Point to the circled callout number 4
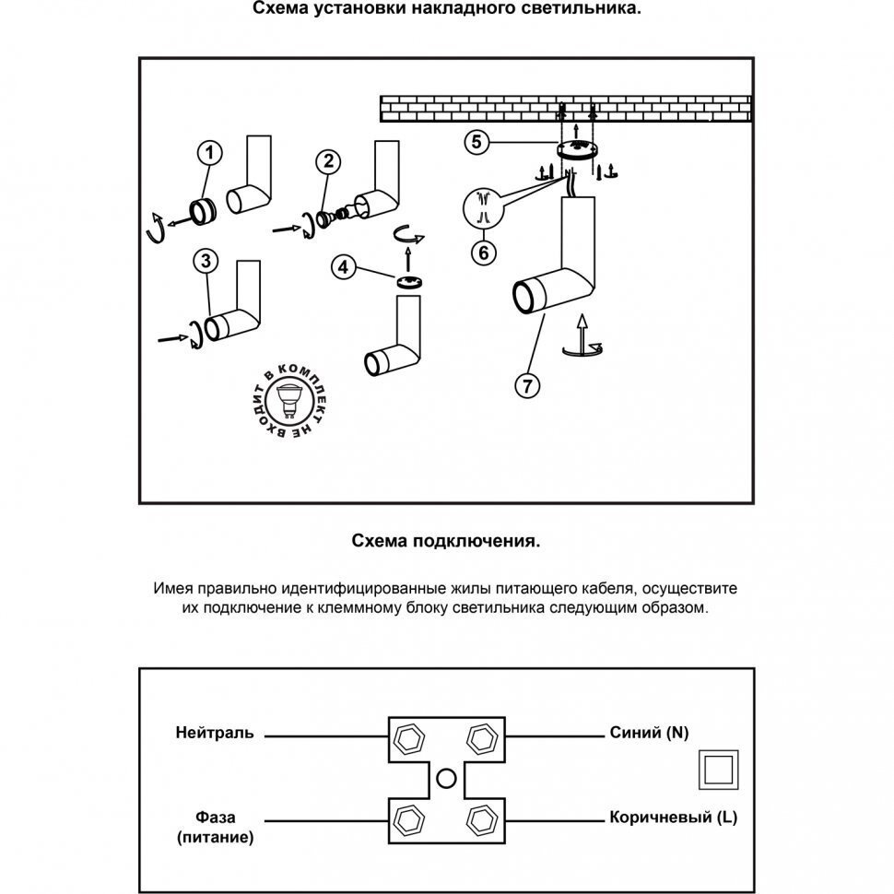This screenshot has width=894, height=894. pos(344,268)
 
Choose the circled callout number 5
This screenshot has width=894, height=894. pos(476,142)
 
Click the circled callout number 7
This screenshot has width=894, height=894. pos(526,386)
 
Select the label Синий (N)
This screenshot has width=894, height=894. pos(649,734)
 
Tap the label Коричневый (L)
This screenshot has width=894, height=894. pos(672,818)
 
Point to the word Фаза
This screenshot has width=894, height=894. pos(215,818)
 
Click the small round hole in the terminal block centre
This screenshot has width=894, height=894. pos(446,777)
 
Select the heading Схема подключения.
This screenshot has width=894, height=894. pos(446,542)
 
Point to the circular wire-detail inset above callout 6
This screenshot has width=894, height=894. pos(482,208)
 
